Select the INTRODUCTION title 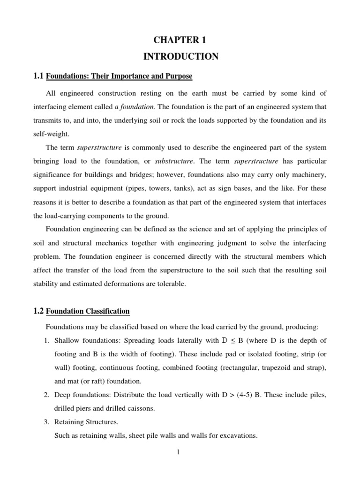coord(180,57)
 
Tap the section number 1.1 coord(38,75)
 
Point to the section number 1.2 coord(38,311)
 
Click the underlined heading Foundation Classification coord(88,311)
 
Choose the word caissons coord(141,408)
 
